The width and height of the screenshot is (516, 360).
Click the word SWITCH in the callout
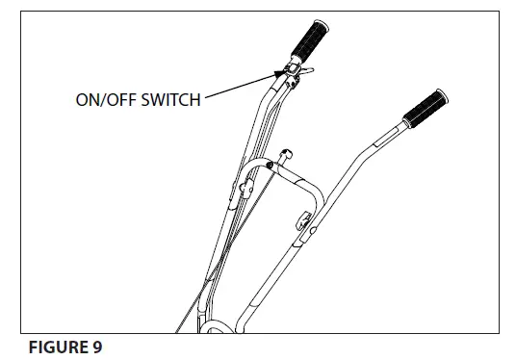171,98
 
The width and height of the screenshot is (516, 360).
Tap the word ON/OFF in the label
103,98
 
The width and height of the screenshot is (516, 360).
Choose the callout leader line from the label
241,84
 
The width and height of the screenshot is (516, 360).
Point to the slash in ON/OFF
103,98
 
